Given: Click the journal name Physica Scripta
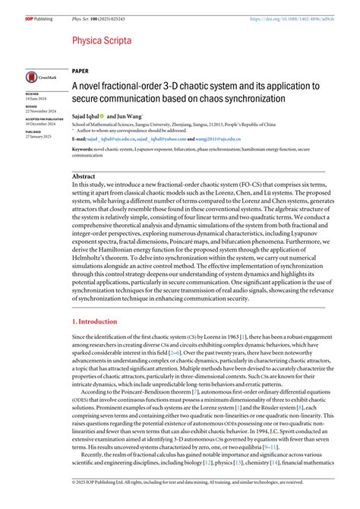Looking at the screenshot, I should tap(103, 40).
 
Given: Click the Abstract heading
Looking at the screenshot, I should tap(83, 175).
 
